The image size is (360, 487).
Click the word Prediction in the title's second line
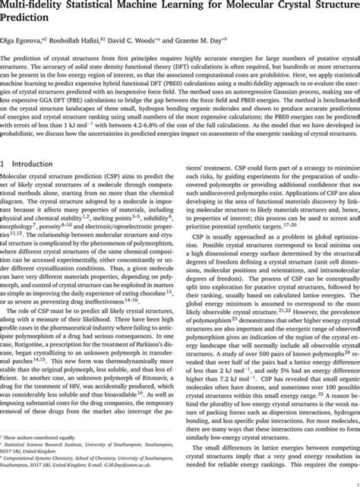pos(30,21)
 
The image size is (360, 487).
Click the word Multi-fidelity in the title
pos(37,7)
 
